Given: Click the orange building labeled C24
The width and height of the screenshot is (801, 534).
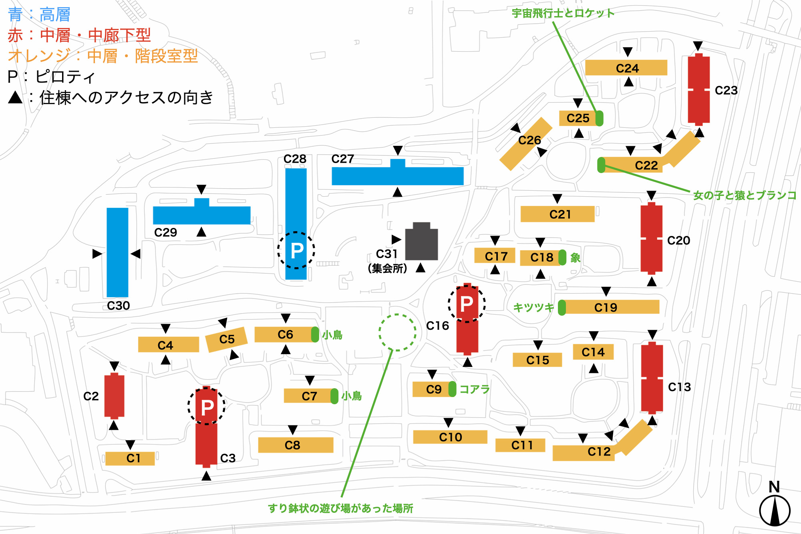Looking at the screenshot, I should (x=626, y=68).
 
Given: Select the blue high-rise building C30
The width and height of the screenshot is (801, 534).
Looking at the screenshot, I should (x=117, y=252).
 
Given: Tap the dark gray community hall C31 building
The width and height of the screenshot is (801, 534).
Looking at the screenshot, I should (x=421, y=242).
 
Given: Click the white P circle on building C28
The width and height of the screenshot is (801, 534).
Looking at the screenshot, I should (x=296, y=250).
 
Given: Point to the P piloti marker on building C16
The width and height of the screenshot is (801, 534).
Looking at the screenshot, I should (x=467, y=304).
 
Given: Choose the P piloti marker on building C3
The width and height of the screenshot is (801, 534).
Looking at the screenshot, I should (x=207, y=407).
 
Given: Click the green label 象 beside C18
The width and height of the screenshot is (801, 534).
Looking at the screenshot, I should (x=576, y=258).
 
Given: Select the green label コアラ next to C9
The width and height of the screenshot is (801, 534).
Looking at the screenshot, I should (x=475, y=389).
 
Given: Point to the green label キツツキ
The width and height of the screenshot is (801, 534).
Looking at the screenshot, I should (x=533, y=307).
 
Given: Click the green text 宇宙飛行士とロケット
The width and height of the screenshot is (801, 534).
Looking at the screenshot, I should (x=563, y=13).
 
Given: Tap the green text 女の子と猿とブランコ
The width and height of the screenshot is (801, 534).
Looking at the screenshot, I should (x=745, y=195).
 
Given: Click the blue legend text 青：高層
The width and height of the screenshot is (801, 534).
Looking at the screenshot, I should (x=39, y=15).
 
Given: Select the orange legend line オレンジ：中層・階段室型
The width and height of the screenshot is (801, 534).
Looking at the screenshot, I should (x=103, y=56).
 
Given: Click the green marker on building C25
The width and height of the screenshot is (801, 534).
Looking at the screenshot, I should (x=600, y=118).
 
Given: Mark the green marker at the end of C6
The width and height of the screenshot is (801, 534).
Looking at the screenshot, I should (x=315, y=335).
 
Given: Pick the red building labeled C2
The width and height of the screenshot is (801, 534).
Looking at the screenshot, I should (x=114, y=395).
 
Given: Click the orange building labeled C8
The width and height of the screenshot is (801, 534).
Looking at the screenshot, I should (x=296, y=445).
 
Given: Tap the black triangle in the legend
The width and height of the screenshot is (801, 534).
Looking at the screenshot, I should (x=15, y=97).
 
